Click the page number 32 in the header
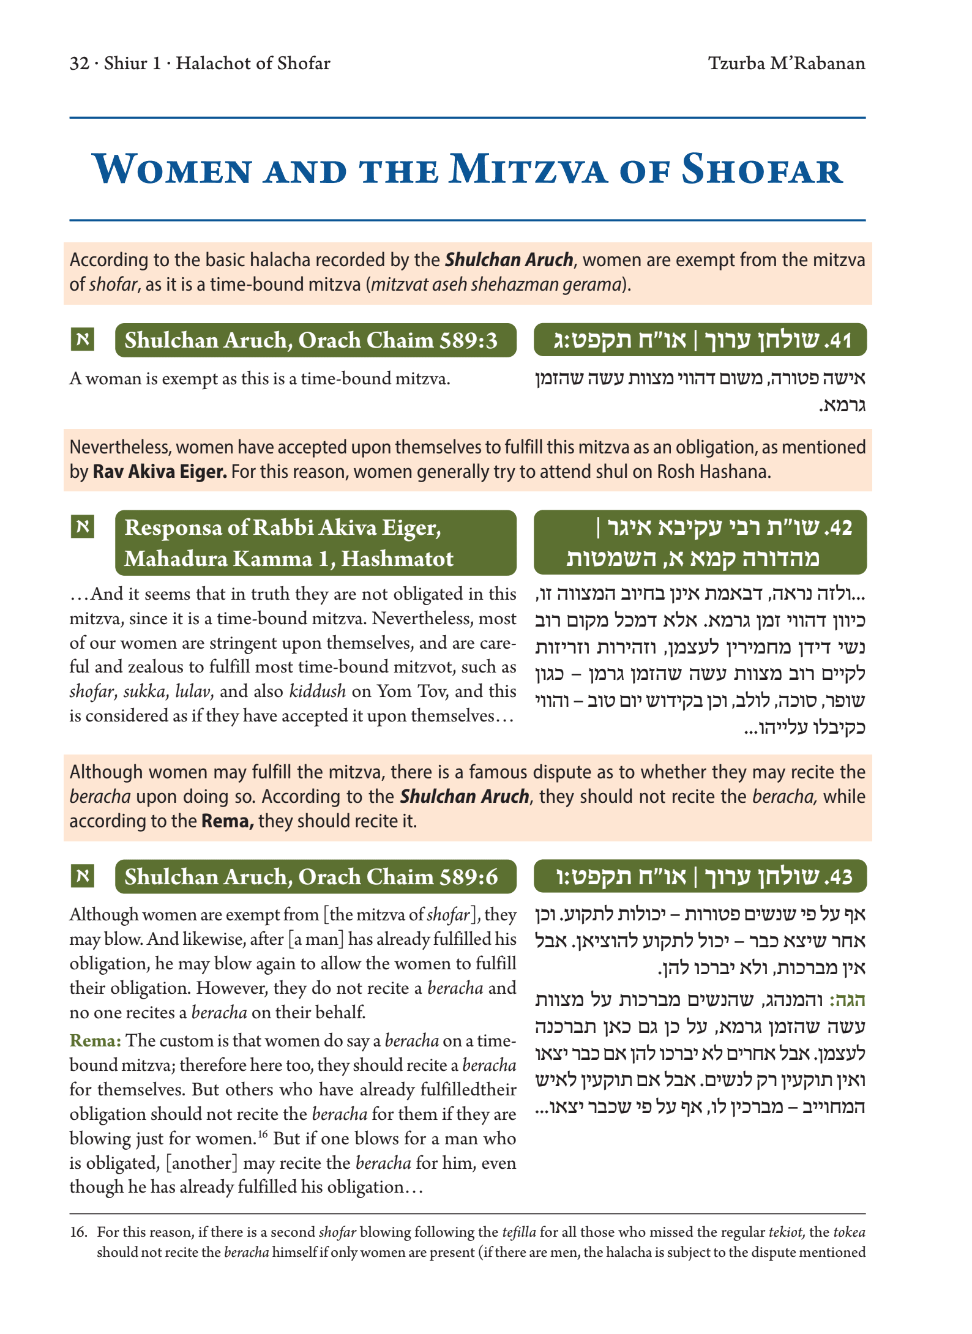[x=80, y=64]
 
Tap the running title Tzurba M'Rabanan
[x=787, y=64]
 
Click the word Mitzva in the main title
[x=528, y=170]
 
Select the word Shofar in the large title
[x=762, y=170]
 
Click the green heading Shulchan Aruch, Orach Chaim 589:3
[x=311, y=340]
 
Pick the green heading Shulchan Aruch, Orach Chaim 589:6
[x=311, y=877]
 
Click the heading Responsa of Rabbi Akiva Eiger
[x=283, y=527]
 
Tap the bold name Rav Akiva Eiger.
[x=160, y=472]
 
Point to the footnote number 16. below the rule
[x=78, y=1232]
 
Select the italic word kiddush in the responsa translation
[x=312, y=691]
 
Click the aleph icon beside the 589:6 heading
[x=83, y=876]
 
